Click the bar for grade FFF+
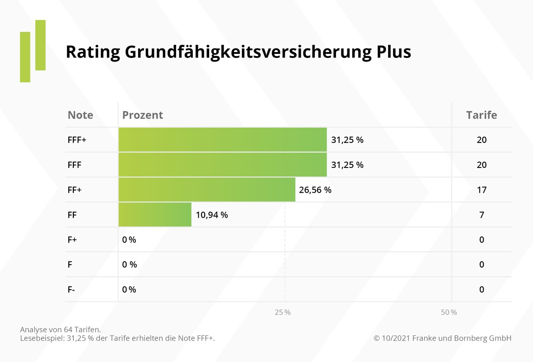(x=222, y=140)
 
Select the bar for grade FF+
(x=206, y=190)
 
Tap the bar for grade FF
(x=155, y=215)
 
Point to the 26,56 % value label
(x=315, y=190)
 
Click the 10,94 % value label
(x=211, y=215)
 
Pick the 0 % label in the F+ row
(x=129, y=240)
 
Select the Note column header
(x=80, y=115)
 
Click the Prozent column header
(x=143, y=115)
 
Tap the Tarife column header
(x=481, y=115)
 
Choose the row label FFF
(x=75, y=165)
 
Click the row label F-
(x=72, y=290)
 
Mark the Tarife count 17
(x=481, y=190)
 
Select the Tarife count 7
(x=481, y=215)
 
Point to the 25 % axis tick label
(x=283, y=313)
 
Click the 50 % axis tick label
(x=449, y=313)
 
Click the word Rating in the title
(x=93, y=52)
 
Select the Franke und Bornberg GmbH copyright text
(x=442, y=338)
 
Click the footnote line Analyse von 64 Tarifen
(x=60, y=329)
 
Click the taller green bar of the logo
(x=40, y=45)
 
